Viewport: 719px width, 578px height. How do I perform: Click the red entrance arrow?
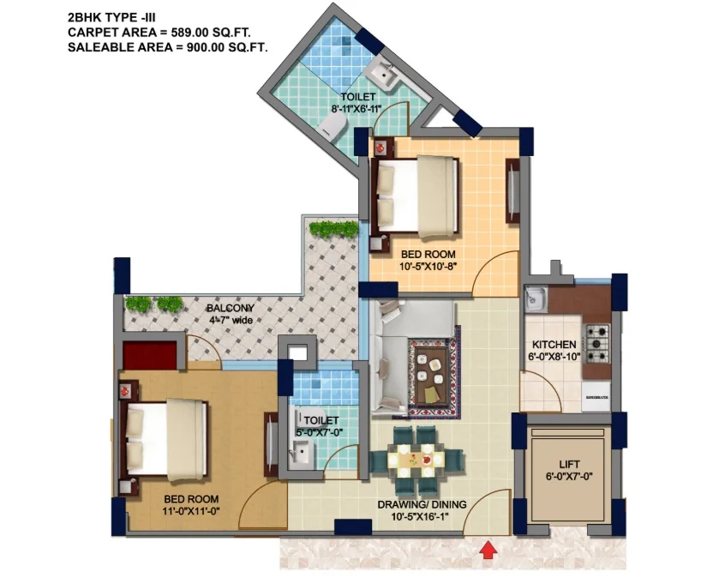click(489, 550)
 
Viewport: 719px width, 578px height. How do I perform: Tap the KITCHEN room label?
click(554, 344)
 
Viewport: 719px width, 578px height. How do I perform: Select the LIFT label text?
click(569, 464)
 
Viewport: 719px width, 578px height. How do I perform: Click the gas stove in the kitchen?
click(596, 344)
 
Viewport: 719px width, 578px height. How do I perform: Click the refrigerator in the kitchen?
click(596, 396)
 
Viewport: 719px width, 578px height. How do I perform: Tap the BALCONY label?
click(231, 308)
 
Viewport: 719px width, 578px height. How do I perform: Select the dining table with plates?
click(416, 459)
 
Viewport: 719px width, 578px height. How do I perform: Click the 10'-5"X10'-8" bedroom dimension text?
click(428, 266)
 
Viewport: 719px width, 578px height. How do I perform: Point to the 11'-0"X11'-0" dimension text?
click(191, 511)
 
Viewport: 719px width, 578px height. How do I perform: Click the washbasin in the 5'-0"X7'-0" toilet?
click(301, 453)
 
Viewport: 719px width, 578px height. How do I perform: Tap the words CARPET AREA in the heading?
click(112, 32)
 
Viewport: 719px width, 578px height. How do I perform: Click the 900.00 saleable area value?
click(206, 47)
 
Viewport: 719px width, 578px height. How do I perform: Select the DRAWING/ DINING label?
click(422, 504)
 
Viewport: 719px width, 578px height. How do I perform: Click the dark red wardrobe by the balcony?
click(150, 355)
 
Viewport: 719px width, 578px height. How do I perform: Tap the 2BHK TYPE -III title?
click(111, 17)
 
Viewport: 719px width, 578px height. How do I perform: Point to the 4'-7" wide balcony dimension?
click(231, 320)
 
